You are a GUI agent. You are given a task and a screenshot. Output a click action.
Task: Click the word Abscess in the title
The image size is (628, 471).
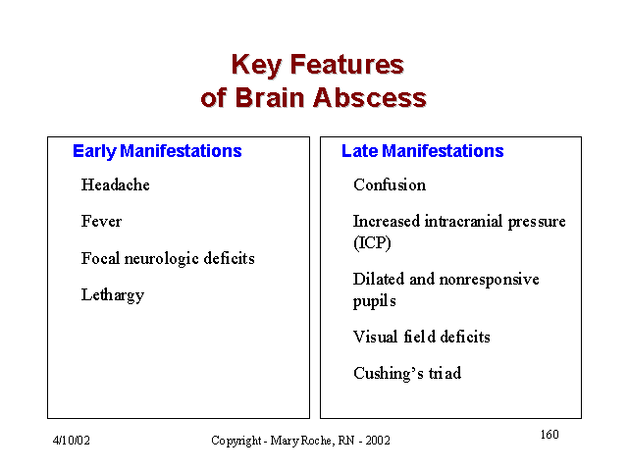370,98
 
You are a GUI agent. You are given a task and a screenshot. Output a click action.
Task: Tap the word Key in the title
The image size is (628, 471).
257,66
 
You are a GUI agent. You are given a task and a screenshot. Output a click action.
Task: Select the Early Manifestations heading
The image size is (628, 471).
157,151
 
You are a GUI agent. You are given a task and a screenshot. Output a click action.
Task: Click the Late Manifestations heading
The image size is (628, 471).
422,151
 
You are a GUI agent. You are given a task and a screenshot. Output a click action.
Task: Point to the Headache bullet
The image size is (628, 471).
116,184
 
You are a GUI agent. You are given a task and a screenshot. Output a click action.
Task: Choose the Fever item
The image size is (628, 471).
101,221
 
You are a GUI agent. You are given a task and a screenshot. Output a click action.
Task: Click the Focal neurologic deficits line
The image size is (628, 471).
168,259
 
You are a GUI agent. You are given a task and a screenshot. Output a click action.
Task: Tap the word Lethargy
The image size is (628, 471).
113,295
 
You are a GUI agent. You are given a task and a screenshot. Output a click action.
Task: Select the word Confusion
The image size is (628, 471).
390,184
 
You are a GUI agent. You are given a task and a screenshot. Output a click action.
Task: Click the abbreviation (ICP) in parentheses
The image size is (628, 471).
372,242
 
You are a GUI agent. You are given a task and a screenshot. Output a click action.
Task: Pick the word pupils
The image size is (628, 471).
375,301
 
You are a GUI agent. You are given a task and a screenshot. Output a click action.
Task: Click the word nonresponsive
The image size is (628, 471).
489,280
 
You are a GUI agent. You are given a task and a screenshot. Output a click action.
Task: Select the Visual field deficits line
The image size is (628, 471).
421,337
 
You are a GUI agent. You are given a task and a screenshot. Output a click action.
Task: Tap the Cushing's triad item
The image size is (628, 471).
407,373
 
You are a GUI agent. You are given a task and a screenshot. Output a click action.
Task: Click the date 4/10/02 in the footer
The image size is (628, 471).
72,441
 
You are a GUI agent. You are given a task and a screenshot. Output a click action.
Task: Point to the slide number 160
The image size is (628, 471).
549,435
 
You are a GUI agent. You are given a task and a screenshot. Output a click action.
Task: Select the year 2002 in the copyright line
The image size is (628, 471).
377,441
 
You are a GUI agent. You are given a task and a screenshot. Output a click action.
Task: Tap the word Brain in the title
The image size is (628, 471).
270,98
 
